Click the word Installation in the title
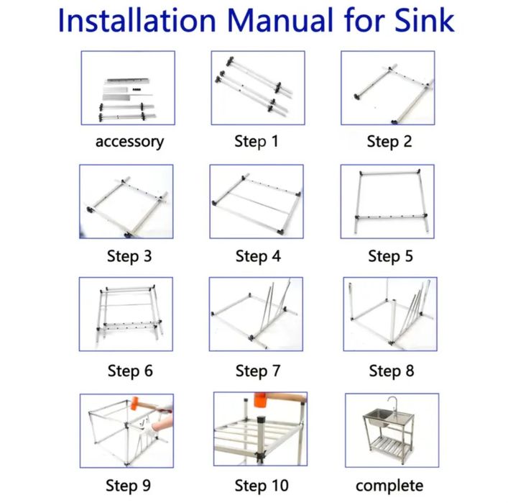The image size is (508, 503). [137, 20]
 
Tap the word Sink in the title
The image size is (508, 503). [425, 20]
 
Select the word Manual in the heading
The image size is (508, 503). [280, 20]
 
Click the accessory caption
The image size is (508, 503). [129, 142]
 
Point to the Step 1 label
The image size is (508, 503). [257, 141]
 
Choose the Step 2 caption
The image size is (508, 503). [389, 142]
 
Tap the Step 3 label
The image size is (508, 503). [129, 256]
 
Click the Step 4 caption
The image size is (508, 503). [258, 256]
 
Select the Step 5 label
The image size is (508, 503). [390, 256]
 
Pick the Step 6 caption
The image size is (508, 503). [130, 371]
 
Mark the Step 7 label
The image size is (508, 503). [258, 371]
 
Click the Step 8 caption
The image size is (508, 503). [392, 371]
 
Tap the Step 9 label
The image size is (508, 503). [128, 486]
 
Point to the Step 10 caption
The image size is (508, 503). [262, 486]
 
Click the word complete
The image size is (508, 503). [389, 486]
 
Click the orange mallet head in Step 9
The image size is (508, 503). [135, 404]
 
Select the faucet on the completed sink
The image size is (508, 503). [392, 404]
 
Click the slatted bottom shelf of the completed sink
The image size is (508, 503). [389, 444]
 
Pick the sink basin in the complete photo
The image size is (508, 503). [377, 417]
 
